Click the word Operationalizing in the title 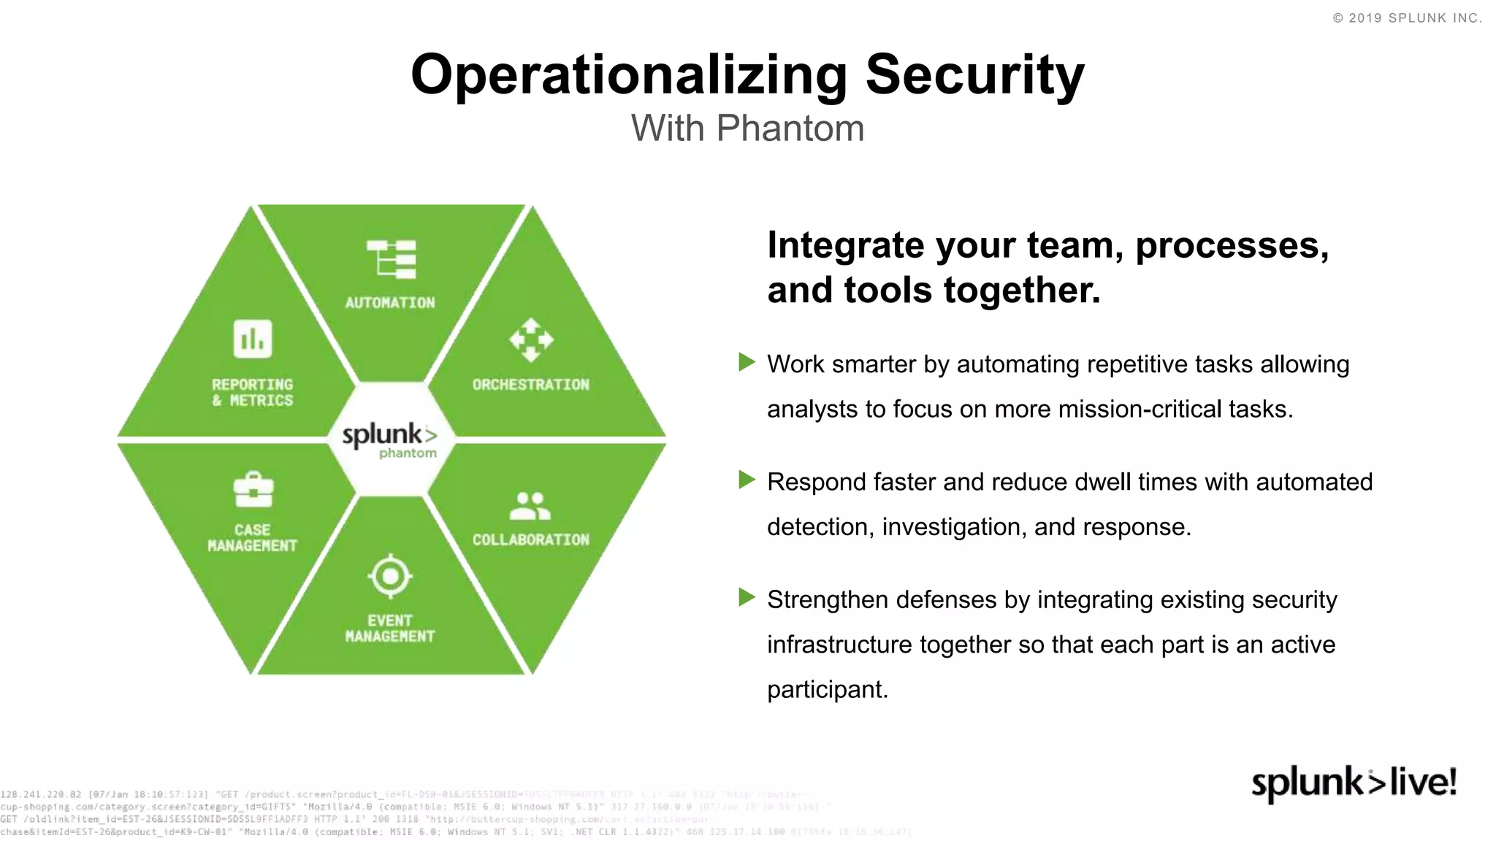[629, 76]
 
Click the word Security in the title [974, 76]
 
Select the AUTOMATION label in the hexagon [389, 303]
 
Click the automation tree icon [392, 259]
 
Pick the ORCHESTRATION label [530, 385]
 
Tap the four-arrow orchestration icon [531, 339]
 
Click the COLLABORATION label [530, 540]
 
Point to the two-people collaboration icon [530, 505]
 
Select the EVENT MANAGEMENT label [389, 629]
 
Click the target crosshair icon [390, 577]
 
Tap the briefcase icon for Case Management [253, 490]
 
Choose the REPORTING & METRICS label [253, 393]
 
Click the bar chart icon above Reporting [253, 339]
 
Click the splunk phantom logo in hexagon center [390, 439]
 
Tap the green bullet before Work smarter [747, 362]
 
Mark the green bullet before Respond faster [747, 480]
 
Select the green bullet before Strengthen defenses [747, 597]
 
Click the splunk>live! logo [1354, 783]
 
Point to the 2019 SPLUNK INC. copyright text [1407, 18]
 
